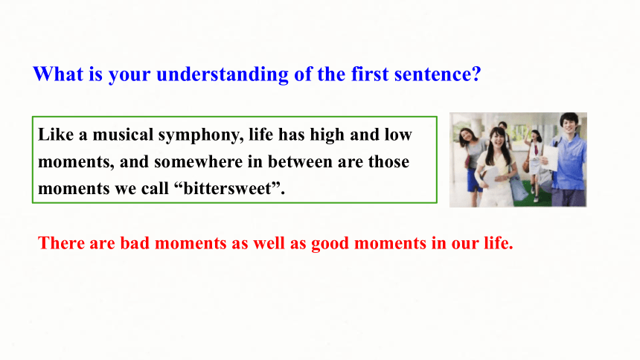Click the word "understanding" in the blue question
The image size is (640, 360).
pyautogui.click(x=222, y=74)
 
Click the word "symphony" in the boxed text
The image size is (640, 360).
pyautogui.click(x=201, y=135)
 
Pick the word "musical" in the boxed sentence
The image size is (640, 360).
pyautogui.click(x=123, y=135)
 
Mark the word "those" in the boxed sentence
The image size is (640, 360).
pyautogui.click(x=388, y=161)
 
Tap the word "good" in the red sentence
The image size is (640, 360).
pyautogui.click(x=330, y=244)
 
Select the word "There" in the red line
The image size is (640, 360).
pyautogui.click(x=61, y=243)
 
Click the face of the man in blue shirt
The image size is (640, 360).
pyautogui.click(x=569, y=123)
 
